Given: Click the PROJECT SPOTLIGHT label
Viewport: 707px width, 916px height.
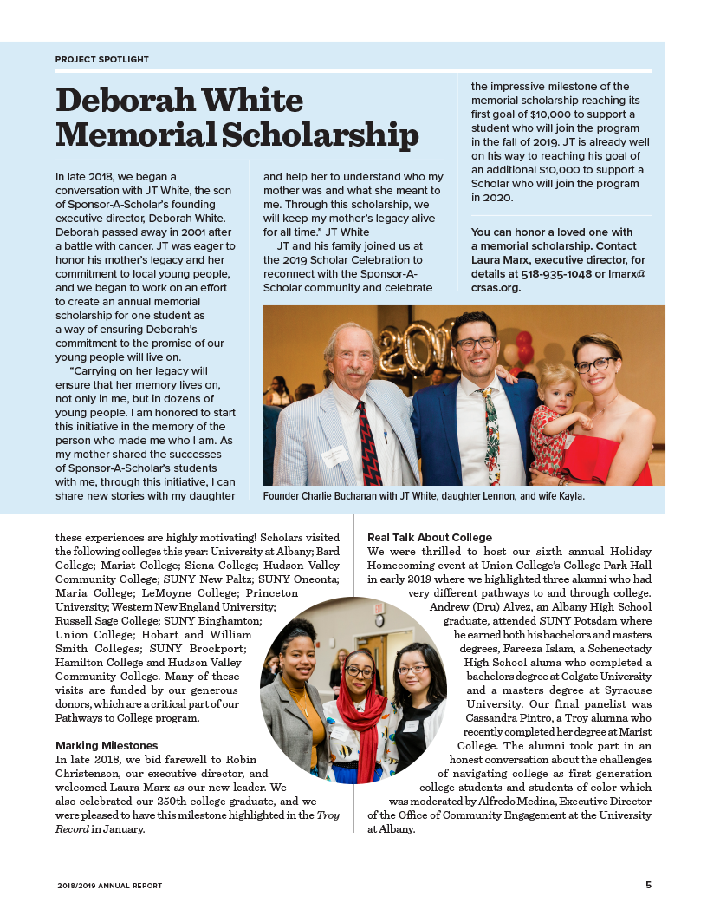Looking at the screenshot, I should click(x=102, y=60).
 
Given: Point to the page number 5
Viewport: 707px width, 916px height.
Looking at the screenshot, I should click(x=648, y=885).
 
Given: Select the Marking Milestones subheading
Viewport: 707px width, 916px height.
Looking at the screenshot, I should click(x=107, y=745).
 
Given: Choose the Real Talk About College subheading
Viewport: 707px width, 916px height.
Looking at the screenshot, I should click(x=430, y=538).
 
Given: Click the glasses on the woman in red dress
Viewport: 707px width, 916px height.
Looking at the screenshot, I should click(x=596, y=365).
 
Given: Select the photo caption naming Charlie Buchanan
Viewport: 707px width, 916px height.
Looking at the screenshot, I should click(x=424, y=496).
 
